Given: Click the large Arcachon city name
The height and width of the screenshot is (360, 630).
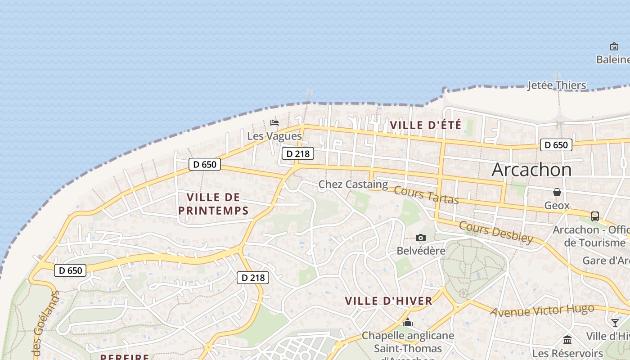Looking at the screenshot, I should point(531,170).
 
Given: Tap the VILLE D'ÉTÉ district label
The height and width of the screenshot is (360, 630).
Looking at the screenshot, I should point(426,125).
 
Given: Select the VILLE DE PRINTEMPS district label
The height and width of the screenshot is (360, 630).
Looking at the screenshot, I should point(213,204).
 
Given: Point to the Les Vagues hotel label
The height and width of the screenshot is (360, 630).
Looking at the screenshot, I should point(274,136).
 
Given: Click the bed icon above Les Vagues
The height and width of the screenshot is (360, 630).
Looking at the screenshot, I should point(274,122).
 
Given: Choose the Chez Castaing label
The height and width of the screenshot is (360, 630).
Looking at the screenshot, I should point(353,184).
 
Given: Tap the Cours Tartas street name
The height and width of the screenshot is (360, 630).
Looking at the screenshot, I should point(426,194).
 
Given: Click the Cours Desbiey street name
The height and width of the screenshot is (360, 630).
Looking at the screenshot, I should point(496,232).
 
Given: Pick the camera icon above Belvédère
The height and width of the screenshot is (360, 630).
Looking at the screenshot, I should point(421,238).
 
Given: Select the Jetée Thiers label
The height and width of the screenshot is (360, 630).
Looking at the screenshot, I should point(557,85).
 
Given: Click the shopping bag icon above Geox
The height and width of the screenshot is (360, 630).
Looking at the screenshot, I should point(557,192).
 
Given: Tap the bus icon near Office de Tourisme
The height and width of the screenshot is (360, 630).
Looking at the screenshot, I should point(595,216).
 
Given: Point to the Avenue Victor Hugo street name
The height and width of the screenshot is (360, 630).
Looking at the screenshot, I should point(542,310).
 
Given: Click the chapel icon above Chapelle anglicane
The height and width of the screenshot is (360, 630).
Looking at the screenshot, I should point(408,322).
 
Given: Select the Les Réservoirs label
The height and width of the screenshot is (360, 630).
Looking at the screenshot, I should point(567,353).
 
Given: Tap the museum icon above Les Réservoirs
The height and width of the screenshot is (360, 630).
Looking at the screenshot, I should point(567,340).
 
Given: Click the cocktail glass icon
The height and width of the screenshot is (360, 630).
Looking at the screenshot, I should point(615,323).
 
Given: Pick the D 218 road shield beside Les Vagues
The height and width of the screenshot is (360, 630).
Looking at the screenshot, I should point(298,153).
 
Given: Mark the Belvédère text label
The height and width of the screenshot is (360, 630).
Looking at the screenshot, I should point(421,251).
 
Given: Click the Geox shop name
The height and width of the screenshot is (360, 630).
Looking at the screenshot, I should point(557,206).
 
